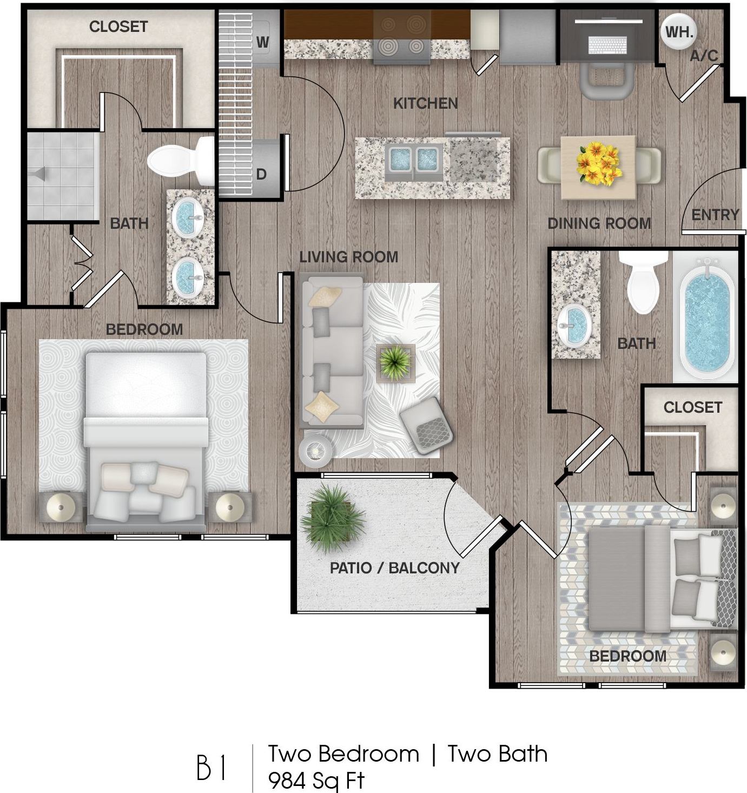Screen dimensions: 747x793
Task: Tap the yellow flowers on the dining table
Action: pos(598,163)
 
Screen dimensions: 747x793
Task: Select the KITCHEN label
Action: pos(426,103)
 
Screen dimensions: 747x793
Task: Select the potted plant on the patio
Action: pos(332,518)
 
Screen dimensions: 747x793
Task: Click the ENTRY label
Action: pos(715,215)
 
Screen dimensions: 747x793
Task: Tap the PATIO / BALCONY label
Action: pos(395,568)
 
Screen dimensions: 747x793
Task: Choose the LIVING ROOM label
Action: pos(349,257)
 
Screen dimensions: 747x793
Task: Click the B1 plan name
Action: pos(211,766)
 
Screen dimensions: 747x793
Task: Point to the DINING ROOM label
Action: pos(599,223)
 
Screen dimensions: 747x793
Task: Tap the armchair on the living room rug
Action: pos(426,426)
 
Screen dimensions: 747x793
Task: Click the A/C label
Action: pos(704,56)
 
